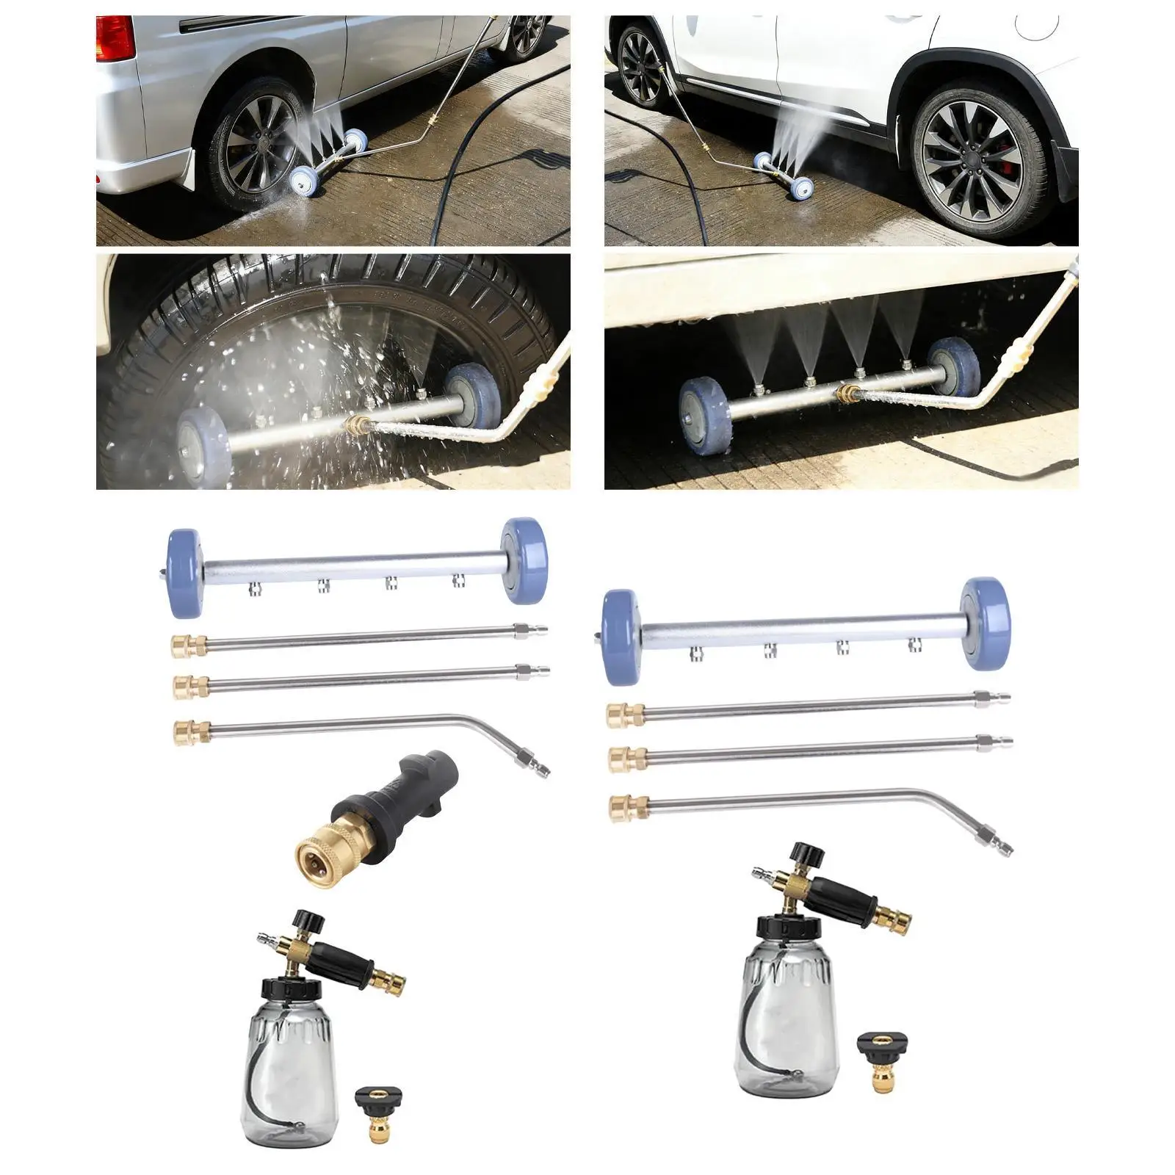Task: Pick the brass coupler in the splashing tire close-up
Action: pos(356,424)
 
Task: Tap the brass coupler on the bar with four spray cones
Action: pos(852,394)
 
